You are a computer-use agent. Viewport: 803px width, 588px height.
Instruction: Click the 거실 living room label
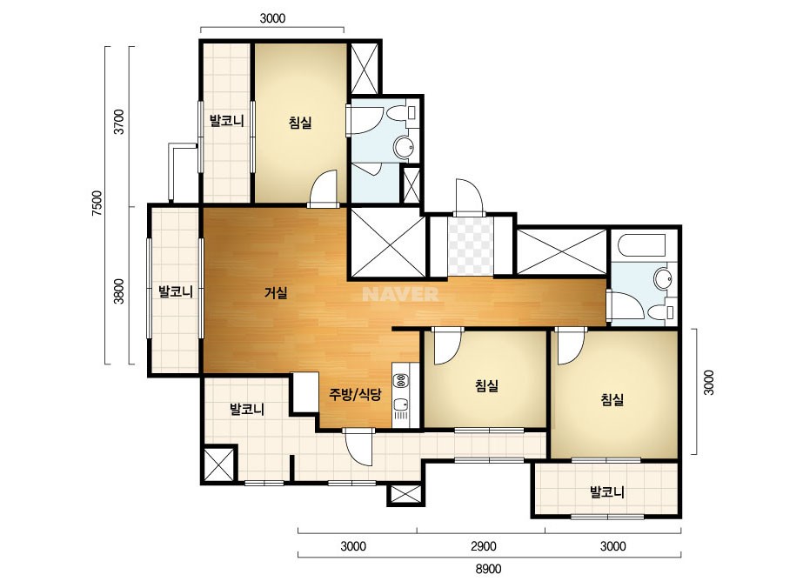click(276, 293)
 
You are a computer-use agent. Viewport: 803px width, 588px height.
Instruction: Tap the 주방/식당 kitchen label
click(355, 394)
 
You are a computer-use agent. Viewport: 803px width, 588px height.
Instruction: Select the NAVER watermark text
click(400, 294)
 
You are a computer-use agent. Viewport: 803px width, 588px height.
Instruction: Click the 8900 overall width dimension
click(489, 569)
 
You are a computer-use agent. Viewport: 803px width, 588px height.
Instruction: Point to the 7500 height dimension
click(97, 204)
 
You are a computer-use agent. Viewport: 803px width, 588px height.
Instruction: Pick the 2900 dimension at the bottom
click(484, 546)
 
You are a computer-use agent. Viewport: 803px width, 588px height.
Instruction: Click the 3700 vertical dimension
click(119, 122)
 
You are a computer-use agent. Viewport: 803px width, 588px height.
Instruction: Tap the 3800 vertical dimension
click(119, 291)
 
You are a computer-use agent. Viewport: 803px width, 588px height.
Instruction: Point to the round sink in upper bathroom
click(404, 147)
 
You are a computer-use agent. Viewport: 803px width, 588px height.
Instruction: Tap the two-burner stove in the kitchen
click(400, 381)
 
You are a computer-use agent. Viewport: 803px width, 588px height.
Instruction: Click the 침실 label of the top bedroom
click(300, 123)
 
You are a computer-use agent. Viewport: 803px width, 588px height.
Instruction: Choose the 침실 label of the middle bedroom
click(486, 385)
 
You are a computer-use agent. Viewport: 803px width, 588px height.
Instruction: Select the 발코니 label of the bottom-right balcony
click(607, 492)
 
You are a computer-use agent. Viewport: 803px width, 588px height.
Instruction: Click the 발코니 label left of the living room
click(175, 291)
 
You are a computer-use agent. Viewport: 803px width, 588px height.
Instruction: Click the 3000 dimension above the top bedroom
click(272, 19)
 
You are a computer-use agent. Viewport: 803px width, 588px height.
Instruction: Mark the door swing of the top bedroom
click(324, 188)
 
